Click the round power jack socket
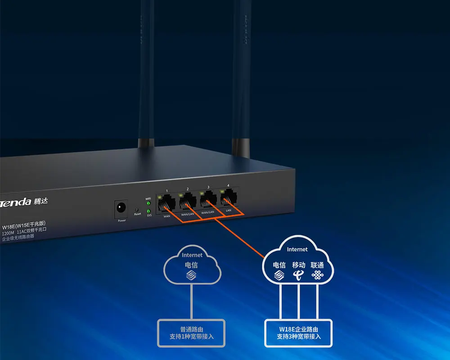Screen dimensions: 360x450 tap(121, 208)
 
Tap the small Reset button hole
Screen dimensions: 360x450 tap(137, 209)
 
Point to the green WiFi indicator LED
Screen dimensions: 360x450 tap(148, 203)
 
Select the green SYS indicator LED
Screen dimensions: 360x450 tap(148, 211)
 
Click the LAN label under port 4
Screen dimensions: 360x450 tap(228, 210)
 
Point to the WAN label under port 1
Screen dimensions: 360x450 tap(167, 216)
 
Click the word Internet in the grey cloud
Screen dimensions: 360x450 tap(192, 255)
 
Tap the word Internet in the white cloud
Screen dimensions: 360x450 tap(297, 249)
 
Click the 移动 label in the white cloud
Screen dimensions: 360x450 tap(298, 265)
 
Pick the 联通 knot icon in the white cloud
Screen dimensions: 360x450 tap(318, 275)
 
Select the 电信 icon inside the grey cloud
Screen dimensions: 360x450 tap(192, 275)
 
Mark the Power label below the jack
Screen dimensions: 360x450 tap(121, 220)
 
